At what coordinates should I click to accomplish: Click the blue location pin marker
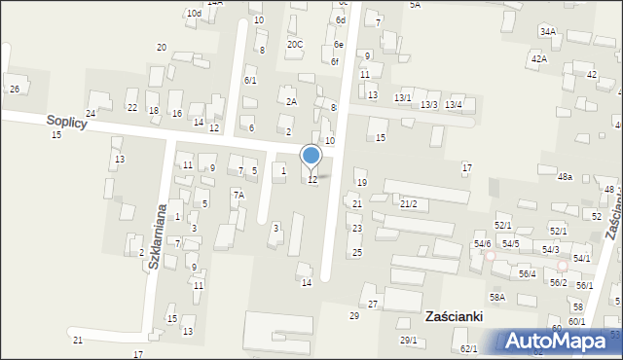pos(311,157)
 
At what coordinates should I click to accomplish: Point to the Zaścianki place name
pos(455,317)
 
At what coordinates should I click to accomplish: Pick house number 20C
pos(294,45)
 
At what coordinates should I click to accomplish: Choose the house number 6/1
pos(250,81)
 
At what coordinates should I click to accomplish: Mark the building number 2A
pos(290,101)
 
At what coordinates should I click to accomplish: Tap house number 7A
pos(238,196)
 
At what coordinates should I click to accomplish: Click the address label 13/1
pos(402,98)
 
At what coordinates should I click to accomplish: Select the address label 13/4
pos(454,104)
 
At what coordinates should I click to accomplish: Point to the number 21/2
pos(409,203)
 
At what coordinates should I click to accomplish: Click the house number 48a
pos(565,177)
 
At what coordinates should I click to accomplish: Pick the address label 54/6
pos(483,243)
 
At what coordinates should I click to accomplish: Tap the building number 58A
pos(497,298)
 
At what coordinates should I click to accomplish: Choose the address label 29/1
pos(409,340)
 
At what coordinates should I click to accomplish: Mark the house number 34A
pos(548,32)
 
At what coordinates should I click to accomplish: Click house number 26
pos(14,90)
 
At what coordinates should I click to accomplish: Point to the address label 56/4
pos(527,274)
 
